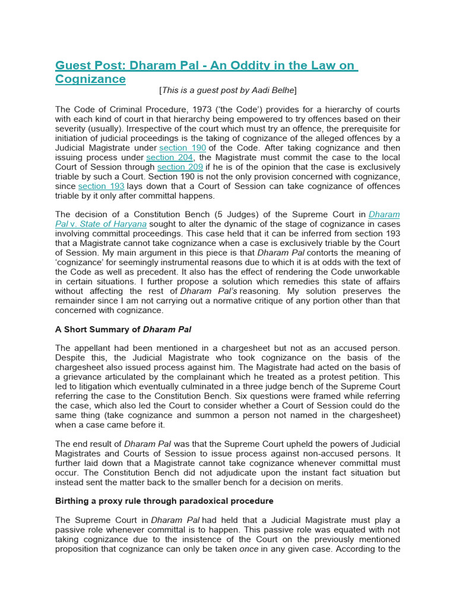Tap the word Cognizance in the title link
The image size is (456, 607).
pos(90,79)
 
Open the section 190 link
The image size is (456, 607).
pos(183,148)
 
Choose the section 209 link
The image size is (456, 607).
pos(180,167)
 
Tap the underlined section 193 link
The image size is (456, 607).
pos(102,186)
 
